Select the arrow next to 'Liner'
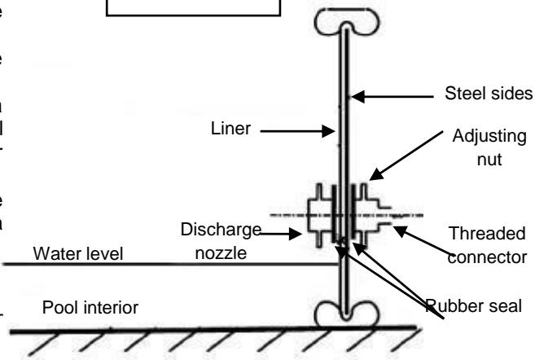(x=305, y=129)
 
